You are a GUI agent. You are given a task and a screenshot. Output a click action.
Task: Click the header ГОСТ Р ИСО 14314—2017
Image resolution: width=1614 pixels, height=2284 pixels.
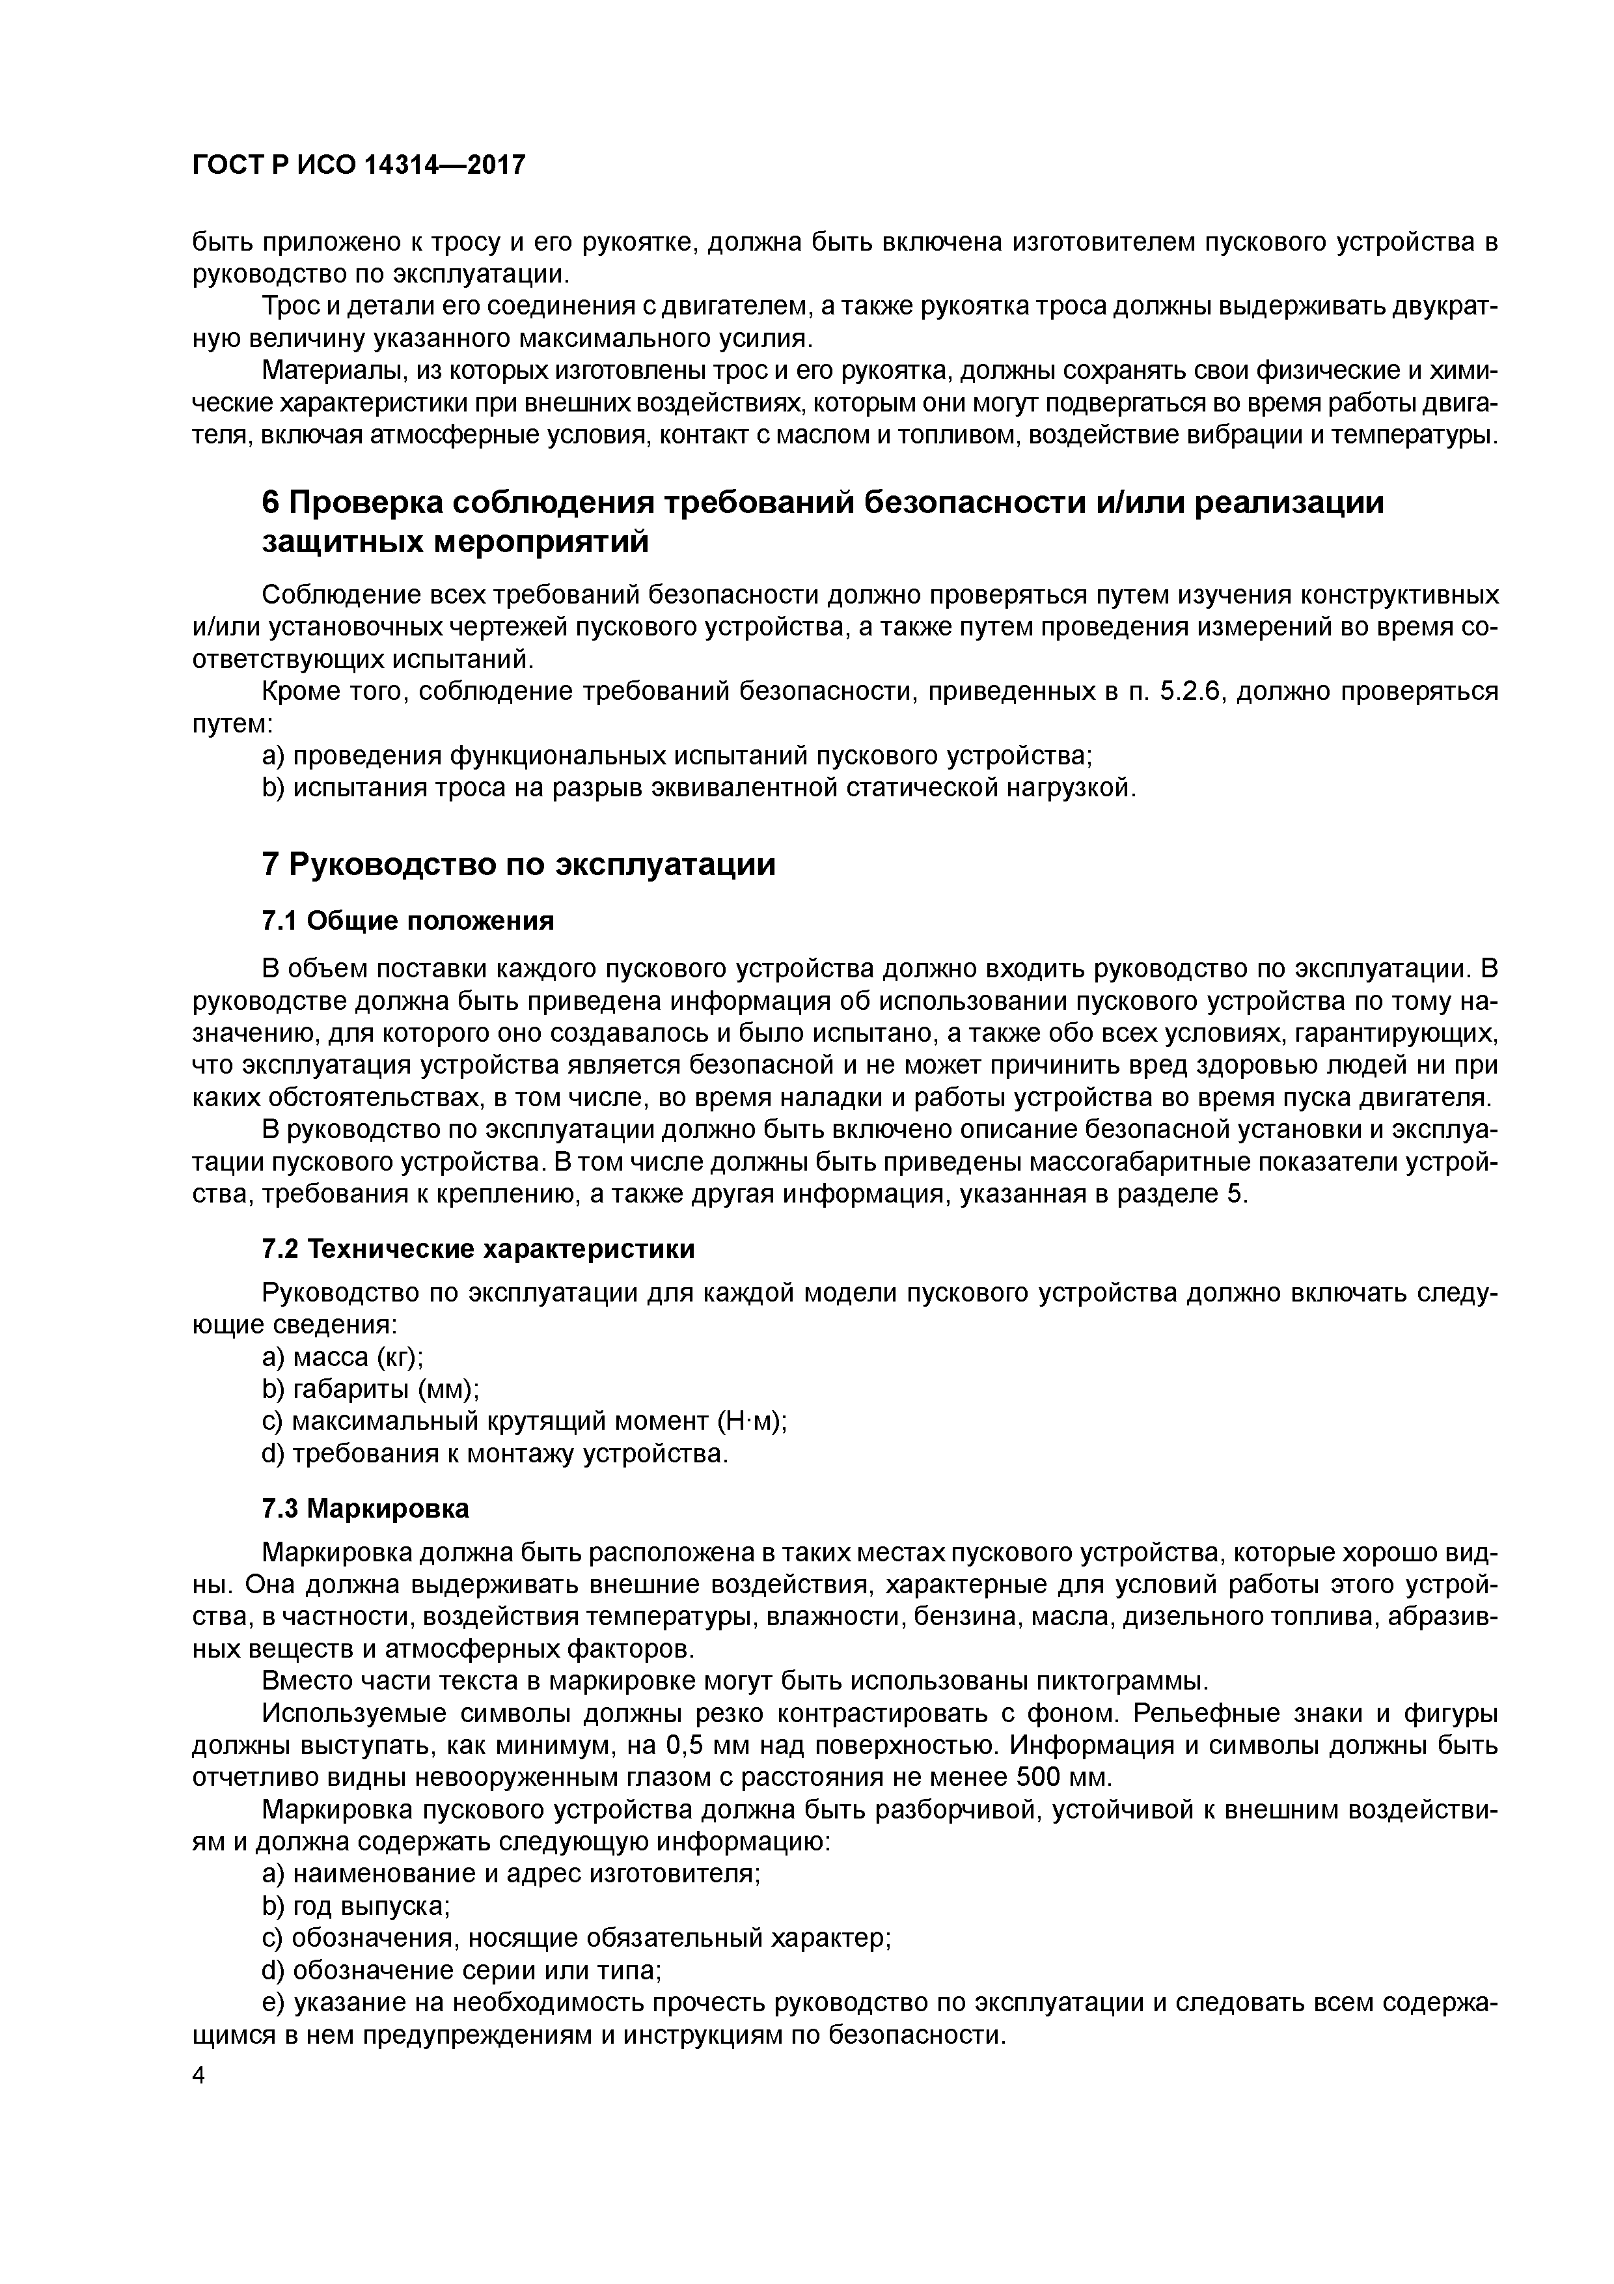[357, 165]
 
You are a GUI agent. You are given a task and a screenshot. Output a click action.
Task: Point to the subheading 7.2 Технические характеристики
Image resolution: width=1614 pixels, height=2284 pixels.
[477, 1248]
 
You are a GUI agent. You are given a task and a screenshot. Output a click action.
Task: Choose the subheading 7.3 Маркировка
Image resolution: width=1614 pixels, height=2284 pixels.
[365, 1509]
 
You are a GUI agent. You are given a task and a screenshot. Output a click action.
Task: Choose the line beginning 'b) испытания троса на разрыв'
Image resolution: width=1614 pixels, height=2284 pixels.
[698, 788]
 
